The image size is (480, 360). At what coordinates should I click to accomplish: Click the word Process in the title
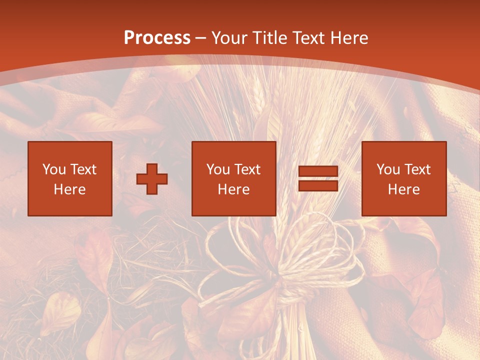(157, 38)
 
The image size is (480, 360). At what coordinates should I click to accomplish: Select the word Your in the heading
(230, 38)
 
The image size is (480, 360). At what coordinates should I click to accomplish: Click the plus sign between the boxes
(152, 179)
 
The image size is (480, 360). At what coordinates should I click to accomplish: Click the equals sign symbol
(318, 178)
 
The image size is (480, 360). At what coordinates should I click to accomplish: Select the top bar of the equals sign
(318, 171)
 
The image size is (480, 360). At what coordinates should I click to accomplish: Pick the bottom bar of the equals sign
(318, 185)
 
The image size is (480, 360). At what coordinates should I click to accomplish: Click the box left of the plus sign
(70, 178)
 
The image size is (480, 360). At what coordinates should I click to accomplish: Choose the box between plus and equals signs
(234, 178)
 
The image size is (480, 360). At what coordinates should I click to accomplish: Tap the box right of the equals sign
(404, 178)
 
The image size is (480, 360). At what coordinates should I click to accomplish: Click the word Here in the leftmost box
(70, 189)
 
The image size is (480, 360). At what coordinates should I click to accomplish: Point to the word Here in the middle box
(234, 189)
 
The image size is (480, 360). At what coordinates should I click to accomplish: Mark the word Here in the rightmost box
(404, 189)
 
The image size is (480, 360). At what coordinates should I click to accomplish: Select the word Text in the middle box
(247, 169)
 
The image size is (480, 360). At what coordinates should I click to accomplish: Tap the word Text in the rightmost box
(417, 169)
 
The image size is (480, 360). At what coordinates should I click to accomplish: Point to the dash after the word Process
(200, 38)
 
